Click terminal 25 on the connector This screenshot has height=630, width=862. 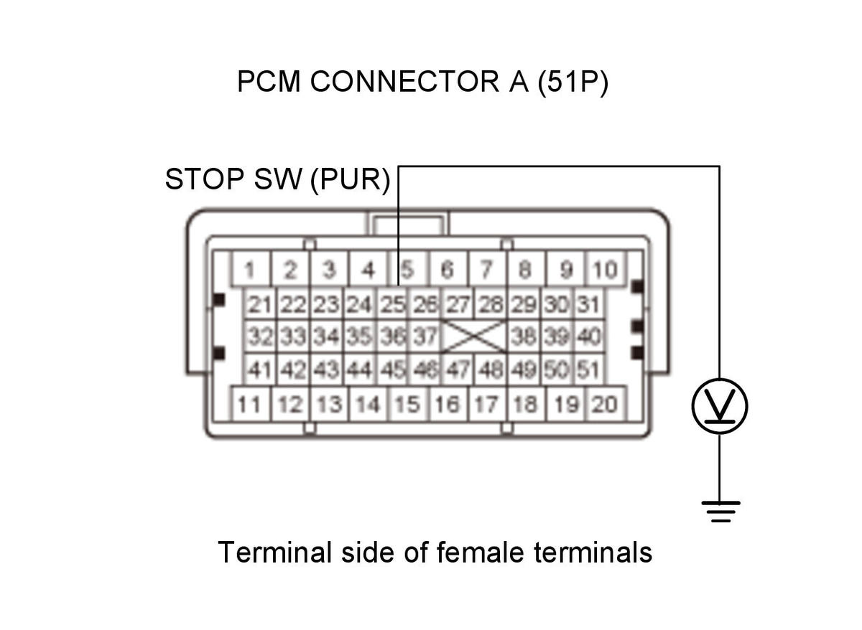[x=392, y=304]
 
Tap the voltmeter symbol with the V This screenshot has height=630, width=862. [x=720, y=406]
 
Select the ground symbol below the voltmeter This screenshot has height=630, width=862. [x=720, y=512]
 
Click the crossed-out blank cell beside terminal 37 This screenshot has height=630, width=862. [x=474, y=337]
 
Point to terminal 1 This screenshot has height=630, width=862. [x=250, y=269]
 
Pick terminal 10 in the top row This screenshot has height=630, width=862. [x=605, y=269]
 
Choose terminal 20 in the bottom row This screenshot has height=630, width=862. [x=605, y=404]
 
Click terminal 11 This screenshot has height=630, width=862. [x=250, y=404]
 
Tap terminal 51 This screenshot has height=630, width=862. [x=589, y=370]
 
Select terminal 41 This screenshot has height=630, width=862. [x=259, y=370]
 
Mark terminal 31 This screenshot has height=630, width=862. [x=589, y=304]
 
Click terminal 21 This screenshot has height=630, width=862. [x=259, y=304]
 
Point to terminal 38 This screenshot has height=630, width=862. [x=524, y=337]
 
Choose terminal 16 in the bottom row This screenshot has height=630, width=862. [x=448, y=404]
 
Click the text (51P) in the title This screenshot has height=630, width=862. [x=573, y=82]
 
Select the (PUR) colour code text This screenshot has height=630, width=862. [x=351, y=180]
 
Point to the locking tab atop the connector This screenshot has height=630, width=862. [x=408, y=223]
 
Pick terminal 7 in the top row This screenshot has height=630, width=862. [x=487, y=269]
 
